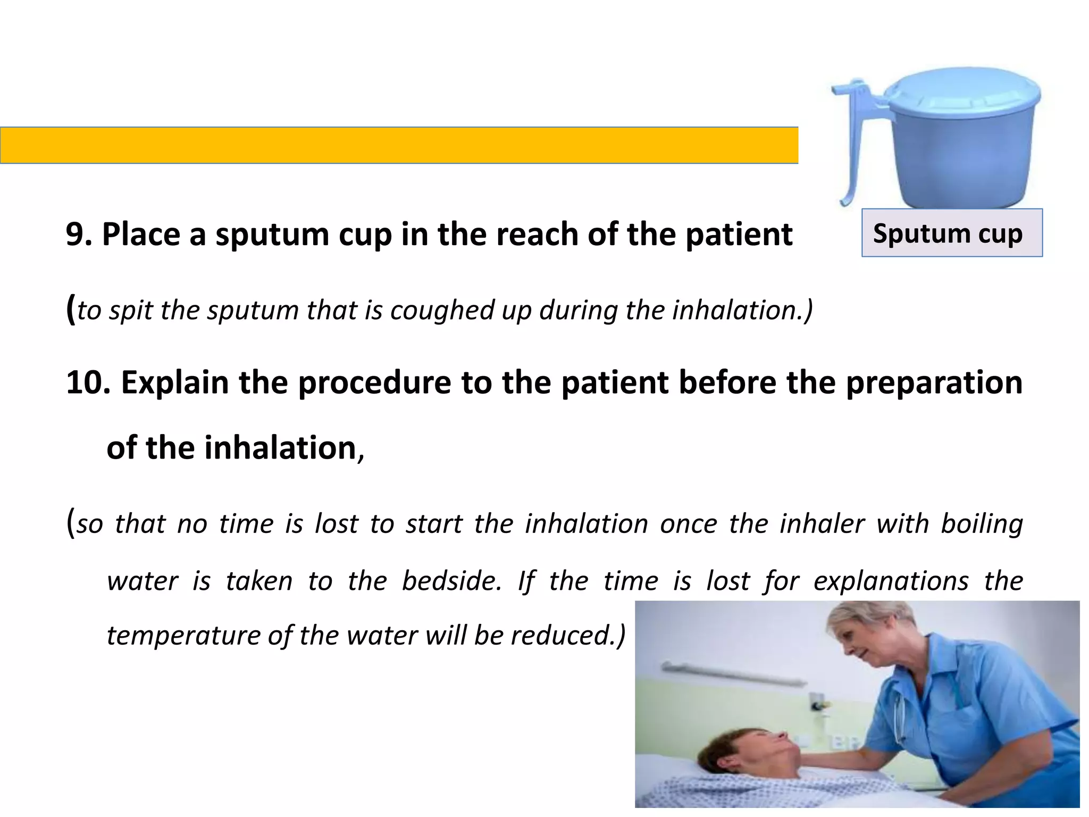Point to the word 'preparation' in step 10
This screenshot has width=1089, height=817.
pyautogui.click(x=934, y=382)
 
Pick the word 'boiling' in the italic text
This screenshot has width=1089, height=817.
pyautogui.click(x=982, y=524)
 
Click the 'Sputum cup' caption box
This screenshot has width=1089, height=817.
pyautogui.click(x=952, y=233)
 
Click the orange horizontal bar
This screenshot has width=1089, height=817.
pyautogui.click(x=399, y=145)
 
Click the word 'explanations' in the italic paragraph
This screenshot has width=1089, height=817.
pyautogui.click(x=891, y=581)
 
